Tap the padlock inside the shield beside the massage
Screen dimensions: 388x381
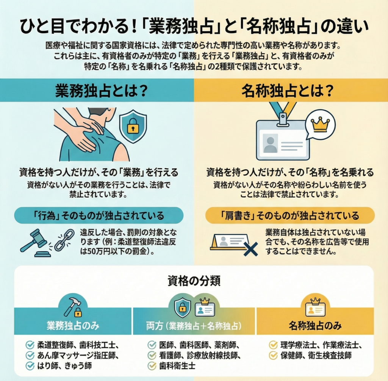[133, 125]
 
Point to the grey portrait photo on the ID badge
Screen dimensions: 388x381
[270, 143]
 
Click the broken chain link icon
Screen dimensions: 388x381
[64, 240]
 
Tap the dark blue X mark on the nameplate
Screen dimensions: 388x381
[251, 249]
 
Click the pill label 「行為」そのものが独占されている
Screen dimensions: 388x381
[99, 215]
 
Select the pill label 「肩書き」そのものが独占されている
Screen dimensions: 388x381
[290, 215]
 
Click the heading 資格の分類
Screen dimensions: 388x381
[194, 281]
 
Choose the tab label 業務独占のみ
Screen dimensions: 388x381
[73, 326]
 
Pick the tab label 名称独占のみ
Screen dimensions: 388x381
[315, 326]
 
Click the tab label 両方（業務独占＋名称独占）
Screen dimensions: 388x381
[194, 326]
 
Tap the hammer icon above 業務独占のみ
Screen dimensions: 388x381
[70, 306]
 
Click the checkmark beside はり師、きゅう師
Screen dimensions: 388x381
[30, 365]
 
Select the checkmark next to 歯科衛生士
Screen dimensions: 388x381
[152, 365]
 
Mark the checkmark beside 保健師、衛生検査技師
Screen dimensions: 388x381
[273, 355]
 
